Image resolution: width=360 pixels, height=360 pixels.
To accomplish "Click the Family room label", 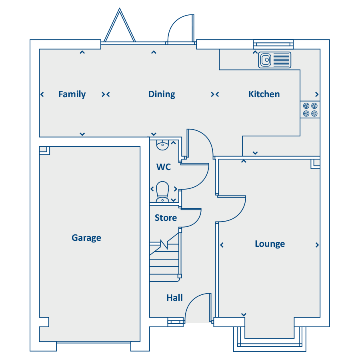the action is click(x=72, y=94).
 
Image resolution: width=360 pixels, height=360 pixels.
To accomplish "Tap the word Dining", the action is click(x=162, y=94).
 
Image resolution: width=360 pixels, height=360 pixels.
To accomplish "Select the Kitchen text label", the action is click(x=264, y=94).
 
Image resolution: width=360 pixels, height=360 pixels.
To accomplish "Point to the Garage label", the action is click(x=86, y=238).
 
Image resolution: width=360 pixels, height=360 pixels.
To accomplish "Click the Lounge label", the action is click(x=270, y=244).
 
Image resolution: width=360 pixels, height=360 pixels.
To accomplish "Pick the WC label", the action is click(x=164, y=167).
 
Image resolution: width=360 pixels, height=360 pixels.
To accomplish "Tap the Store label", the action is click(x=166, y=218).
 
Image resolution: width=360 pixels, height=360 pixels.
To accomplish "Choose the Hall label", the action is click(x=175, y=298).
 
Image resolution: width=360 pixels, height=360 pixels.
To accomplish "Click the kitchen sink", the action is click(x=274, y=60).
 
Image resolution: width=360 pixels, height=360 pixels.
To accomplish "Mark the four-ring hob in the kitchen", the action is click(x=310, y=110).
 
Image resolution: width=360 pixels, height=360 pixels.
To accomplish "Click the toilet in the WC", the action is click(x=162, y=192).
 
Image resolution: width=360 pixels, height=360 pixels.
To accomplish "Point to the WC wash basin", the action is click(x=162, y=145).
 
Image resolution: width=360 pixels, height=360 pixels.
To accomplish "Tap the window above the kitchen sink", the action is click(x=273, y=44).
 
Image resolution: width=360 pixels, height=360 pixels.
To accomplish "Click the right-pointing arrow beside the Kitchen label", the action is click(x=317, y=94).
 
